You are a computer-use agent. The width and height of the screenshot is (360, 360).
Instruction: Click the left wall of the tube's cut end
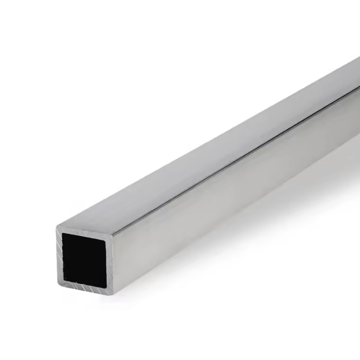click(59, 255)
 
